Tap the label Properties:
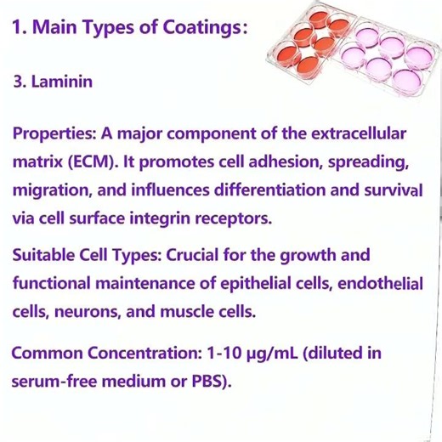(54, 134)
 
